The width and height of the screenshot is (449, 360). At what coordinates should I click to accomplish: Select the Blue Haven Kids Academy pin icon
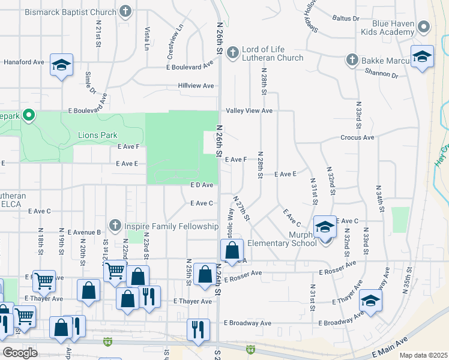coord(424,26)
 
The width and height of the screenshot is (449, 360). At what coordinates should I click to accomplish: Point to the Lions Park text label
coord(98,136)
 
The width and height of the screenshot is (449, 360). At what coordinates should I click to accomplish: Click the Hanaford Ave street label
coord(25,62)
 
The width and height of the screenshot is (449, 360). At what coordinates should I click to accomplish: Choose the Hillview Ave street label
coord(196,86)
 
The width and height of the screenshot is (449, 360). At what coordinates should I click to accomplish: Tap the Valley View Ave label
coord(249,111)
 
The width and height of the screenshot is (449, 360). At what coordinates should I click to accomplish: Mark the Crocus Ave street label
coord(357,137)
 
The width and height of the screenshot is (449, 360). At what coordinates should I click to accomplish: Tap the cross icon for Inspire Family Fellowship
coord(116,226)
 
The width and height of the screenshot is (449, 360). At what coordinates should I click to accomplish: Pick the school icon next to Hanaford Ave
coord(61,65)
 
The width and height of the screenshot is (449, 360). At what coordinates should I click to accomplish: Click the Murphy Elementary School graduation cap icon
coord(325,227)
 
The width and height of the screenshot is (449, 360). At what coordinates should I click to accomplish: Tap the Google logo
coord(20,353)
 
